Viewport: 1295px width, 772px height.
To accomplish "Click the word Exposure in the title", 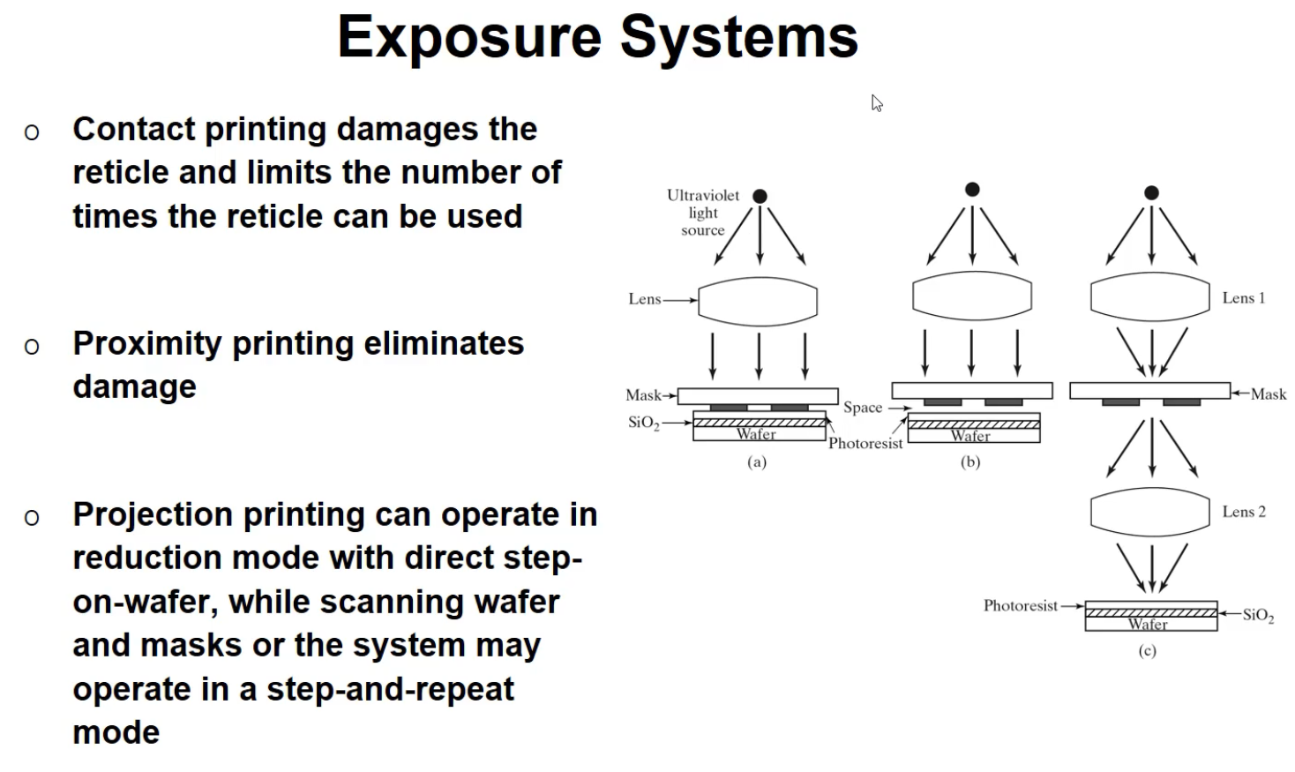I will pyautogui.click(x=468, y=38).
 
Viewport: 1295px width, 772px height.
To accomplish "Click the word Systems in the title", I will pyautogui.click(x=738, y=38).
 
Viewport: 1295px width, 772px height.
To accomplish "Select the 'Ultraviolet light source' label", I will pyautogui.click(x=703, y=213).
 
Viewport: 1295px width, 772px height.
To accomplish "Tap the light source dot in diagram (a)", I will pyautogui.click(x=760, y=196).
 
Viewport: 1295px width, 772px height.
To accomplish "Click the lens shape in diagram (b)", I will pyautogui.click(x=972, y=296).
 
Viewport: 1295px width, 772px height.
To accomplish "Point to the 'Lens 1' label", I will pyautogui.click(x=1243, y=298).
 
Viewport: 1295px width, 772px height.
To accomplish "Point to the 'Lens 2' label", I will pyautogui.click(x=1243, y=512).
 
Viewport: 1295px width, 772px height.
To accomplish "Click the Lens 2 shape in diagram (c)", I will pyautogui.click(x=1149, y=512).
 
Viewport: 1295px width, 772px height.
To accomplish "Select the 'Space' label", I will pyautogui.click(x=862, y=408).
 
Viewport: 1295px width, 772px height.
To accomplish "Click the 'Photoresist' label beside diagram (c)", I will pyautogui.click(x=1020, y=606).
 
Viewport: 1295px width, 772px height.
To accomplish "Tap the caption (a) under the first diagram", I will pyautogui.click(x=757, y=461).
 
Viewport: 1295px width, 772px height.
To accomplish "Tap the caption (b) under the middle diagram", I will pyautogui.click(x=970, y=461).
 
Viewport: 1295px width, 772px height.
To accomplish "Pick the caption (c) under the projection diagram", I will pyautogui.click(x=1147, y=651).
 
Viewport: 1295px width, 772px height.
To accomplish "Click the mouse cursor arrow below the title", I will pyautogui.click(x=876, y=102).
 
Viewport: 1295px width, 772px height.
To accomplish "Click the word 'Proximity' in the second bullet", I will pyautogui.click(x=146, y=344).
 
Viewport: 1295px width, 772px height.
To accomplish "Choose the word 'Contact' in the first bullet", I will pyautogui.click(x=133, y=130).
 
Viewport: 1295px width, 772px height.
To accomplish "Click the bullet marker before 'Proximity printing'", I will pyautogui.click(x=32, y=346).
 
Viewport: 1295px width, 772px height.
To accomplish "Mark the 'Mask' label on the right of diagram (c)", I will pyautogui.click(x=1268, y=394).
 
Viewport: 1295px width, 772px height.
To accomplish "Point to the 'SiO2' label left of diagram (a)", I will pyautogui.click(x=643, y=423).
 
